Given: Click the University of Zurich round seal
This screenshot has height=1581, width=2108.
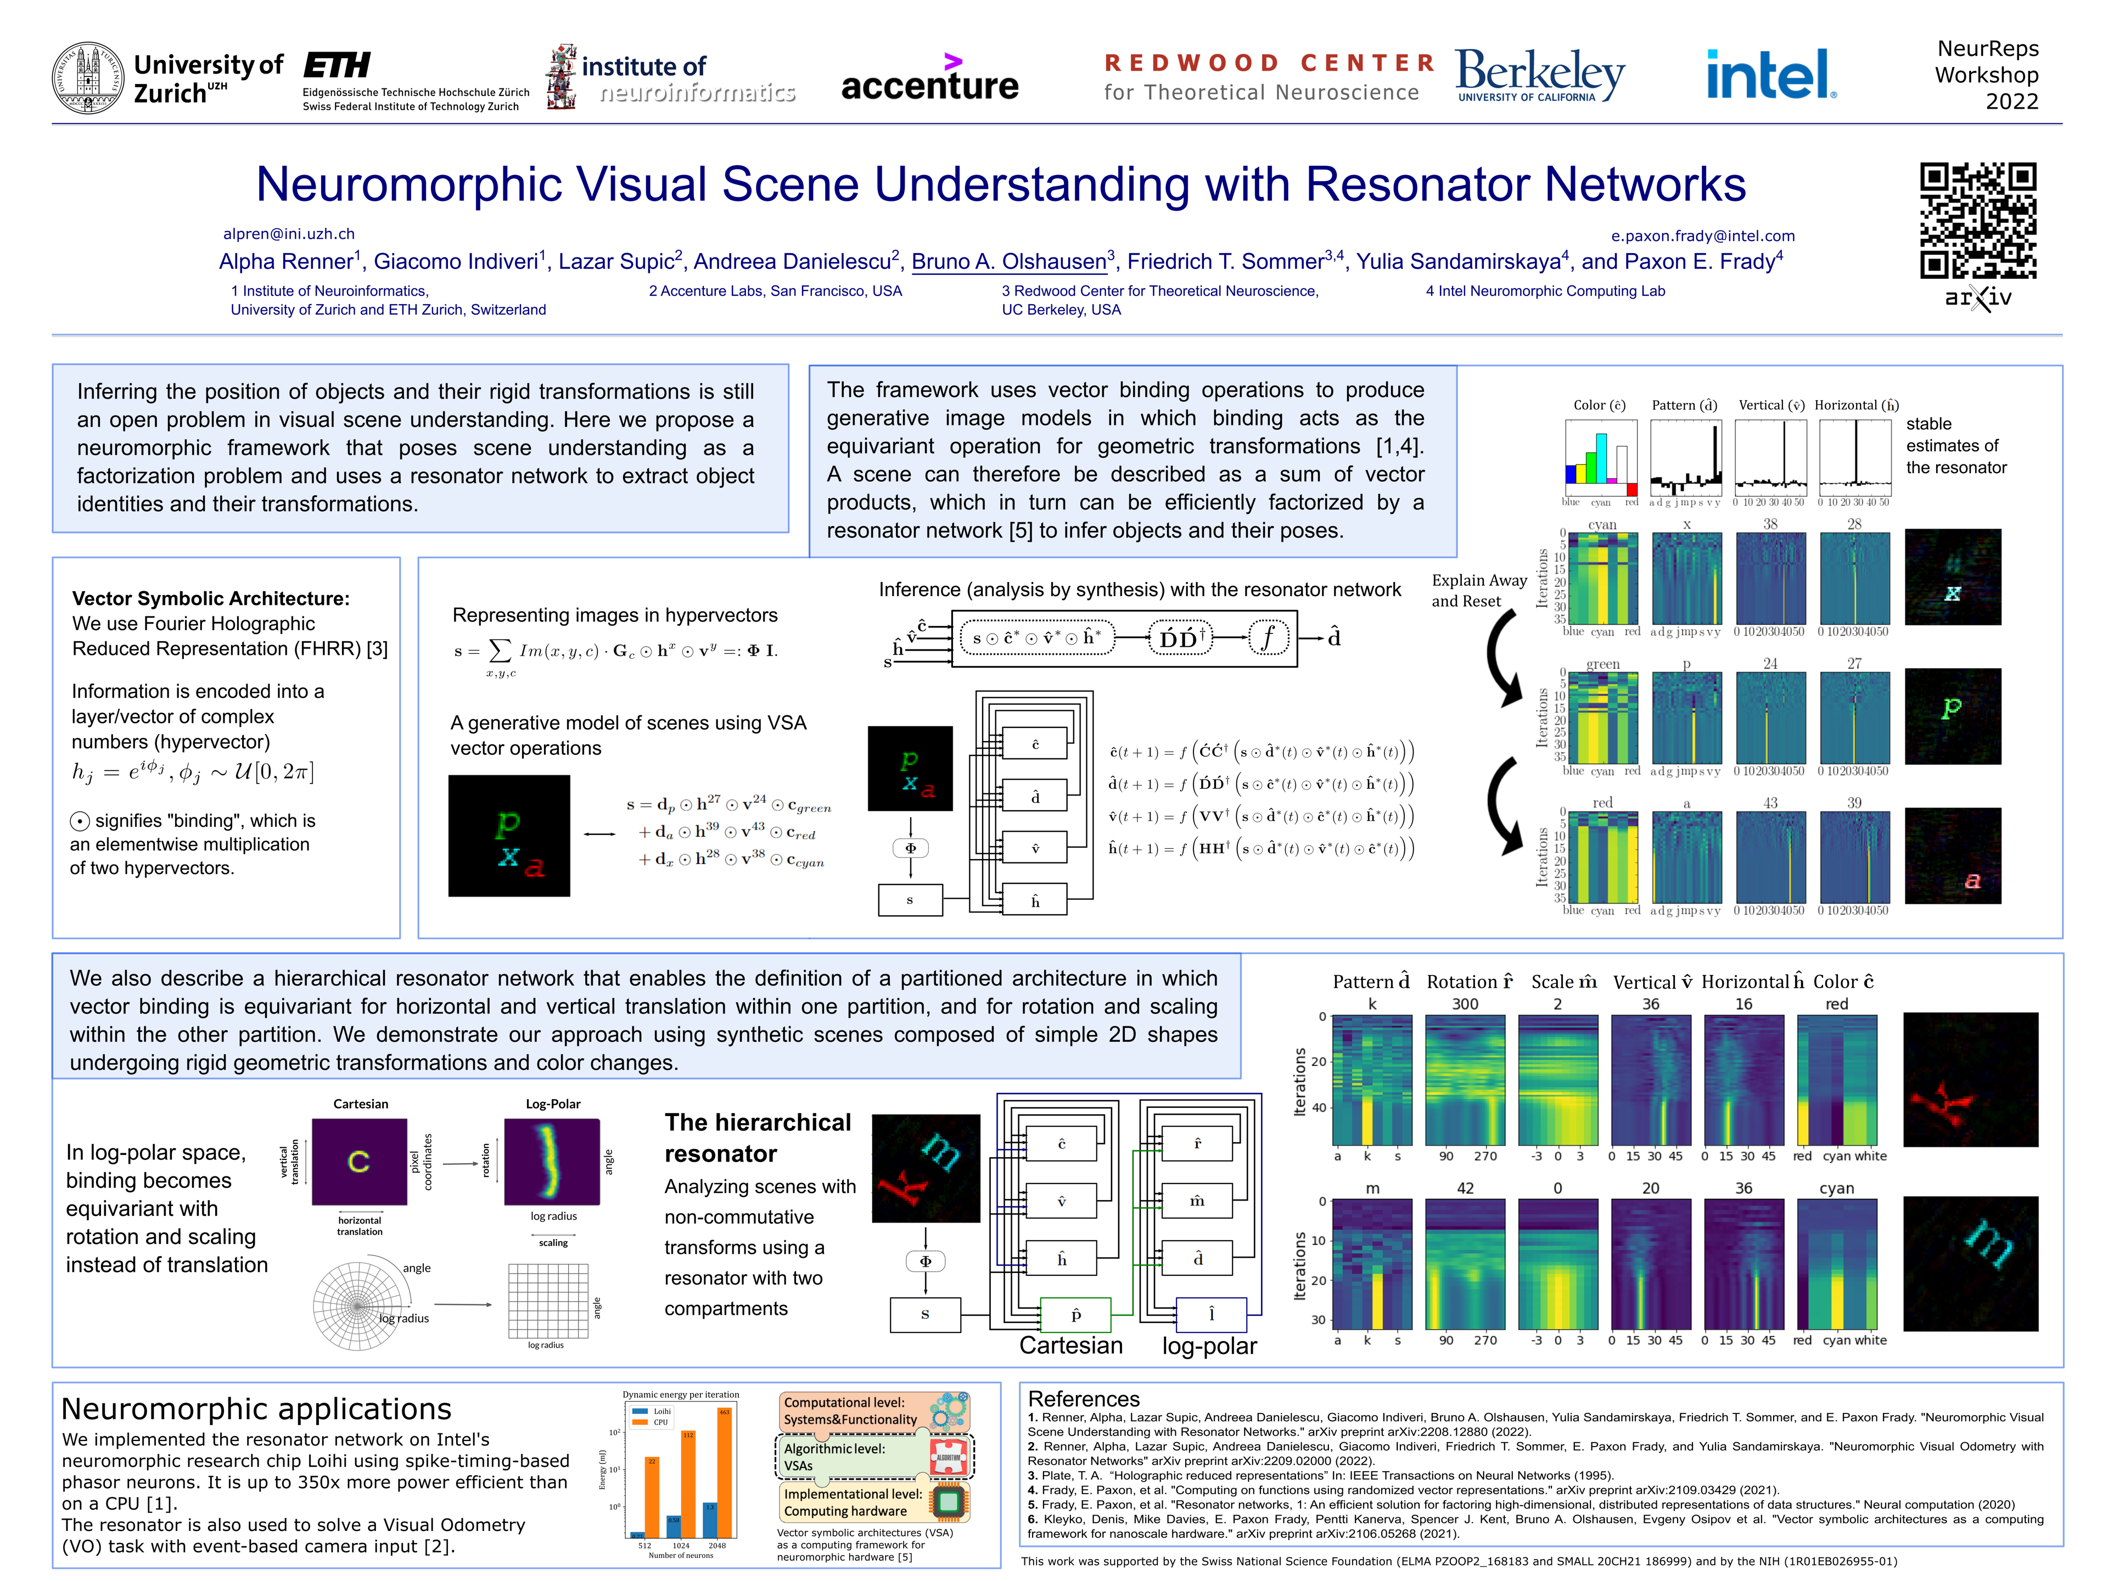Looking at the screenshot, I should [88, 78].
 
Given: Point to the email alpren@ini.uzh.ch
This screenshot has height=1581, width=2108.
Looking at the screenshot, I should [289, 233].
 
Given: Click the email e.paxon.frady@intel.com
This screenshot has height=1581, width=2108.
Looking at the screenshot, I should [1702, 236].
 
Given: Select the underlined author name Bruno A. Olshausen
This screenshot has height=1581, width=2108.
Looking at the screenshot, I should [1008, 261].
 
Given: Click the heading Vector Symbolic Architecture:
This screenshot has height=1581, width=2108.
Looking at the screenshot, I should [211, 598].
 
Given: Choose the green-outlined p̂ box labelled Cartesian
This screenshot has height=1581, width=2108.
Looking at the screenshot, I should [1076, 1314].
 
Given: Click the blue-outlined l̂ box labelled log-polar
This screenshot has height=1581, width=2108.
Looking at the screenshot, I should [1211, 1314].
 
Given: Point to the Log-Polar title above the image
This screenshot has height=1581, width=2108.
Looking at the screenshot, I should [553, 1103].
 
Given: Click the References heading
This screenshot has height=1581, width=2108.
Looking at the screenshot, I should [1084, 1399].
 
